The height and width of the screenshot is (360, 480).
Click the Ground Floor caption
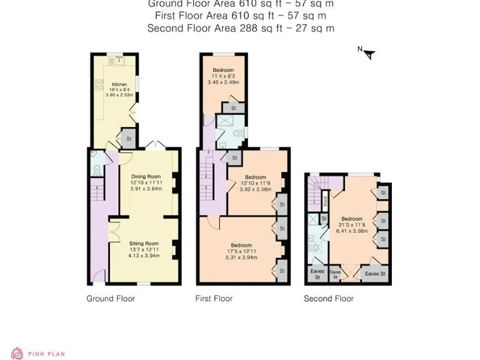111,299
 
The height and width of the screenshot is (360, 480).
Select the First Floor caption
214,299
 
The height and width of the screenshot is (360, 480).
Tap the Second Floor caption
329,299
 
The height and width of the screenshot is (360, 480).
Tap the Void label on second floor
325,202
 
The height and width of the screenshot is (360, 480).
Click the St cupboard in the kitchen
129,139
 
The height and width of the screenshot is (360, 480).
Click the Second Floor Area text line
241,28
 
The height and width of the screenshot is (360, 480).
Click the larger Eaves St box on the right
376,274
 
